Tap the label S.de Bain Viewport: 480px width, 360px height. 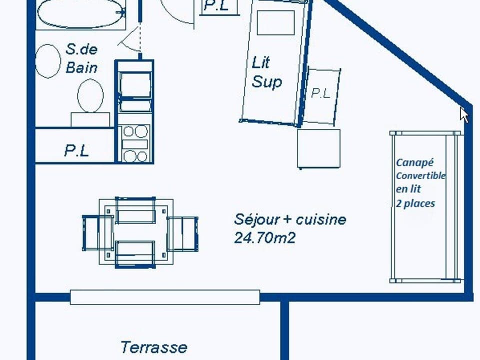pos(81,58)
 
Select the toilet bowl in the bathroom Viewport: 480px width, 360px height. pos(90,96)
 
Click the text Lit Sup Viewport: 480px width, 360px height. pos(266,72)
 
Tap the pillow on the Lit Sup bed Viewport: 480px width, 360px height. pos(275,22)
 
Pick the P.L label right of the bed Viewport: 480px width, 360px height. pos(320,93)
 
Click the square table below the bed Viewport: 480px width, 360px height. pos(318,148)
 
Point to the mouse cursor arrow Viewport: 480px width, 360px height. pos(464,114)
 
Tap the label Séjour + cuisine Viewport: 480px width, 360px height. pos(290,219)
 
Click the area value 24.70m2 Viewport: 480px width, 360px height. pos(264,238)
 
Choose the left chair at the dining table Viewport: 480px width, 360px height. pos(97,232)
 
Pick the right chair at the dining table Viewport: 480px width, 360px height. pos(183,233)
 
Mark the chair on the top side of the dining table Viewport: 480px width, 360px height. pos(135,210)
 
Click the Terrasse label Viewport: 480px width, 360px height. pos(153,346)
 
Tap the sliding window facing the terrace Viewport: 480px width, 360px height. pos(165,297)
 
